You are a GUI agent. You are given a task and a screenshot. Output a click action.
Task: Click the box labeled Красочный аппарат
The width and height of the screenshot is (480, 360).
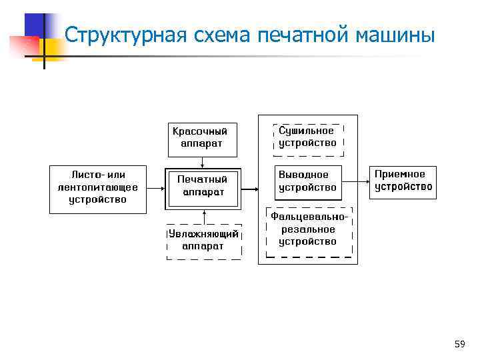point(201,137)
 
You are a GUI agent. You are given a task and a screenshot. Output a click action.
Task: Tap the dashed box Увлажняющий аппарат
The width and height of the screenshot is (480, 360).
point(203,240)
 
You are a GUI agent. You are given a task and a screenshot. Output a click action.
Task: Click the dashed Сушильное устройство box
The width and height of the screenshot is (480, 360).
point(307,138)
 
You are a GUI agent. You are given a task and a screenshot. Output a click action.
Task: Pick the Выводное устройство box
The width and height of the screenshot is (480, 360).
point(307,181)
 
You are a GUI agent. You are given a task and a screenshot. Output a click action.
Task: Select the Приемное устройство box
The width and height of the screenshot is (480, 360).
point(403,181)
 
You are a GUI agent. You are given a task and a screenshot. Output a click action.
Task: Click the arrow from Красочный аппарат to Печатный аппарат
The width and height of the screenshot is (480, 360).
point(202,162)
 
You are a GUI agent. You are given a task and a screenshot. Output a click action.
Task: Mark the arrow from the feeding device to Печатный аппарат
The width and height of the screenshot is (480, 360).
point(155,189)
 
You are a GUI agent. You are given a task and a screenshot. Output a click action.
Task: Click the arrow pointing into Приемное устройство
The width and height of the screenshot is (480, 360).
point(363,181)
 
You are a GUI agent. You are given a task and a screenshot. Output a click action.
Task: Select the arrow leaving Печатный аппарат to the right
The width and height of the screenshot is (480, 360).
point(249,189)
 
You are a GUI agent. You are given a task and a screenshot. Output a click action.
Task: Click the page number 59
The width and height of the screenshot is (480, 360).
point(459,344)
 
